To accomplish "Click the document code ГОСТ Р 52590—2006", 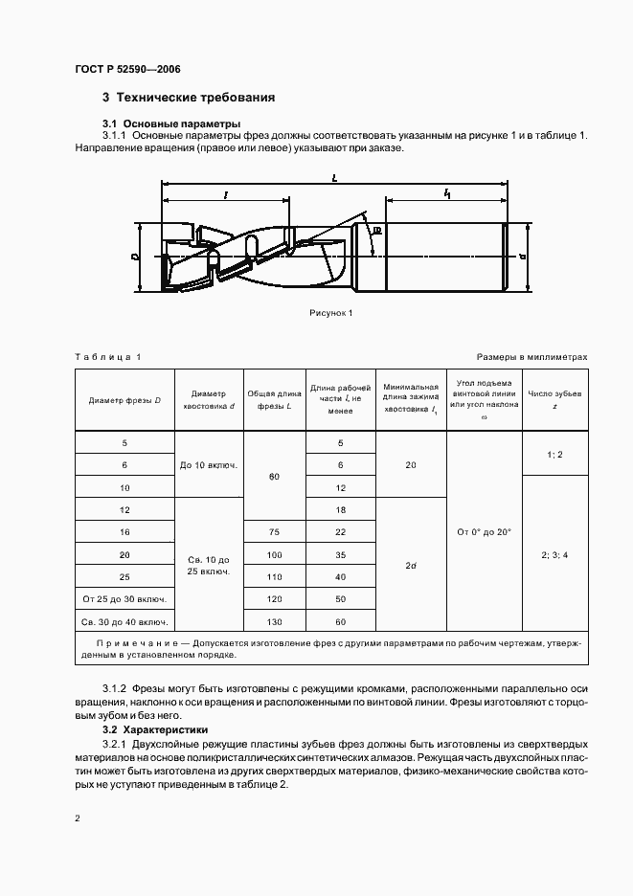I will click(x=127, y=69).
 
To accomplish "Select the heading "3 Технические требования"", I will click(x=189, y=98).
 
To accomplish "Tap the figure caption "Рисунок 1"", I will click(x=331, y=313).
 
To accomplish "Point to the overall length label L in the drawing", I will click(x=332, y=178).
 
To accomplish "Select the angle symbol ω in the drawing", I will click(x=376, y=232).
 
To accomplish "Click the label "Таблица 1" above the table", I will click(x=107, y=356).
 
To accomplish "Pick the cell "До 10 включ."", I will click(x=209, y=465).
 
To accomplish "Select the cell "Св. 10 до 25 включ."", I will click(x=209, y=564).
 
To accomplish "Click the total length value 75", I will click(x=275, y=532).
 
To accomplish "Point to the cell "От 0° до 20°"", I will click(x=485, y=531).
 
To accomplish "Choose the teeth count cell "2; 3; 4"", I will click(x=554, y=553).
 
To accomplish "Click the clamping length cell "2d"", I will click(x=411, y=566).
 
